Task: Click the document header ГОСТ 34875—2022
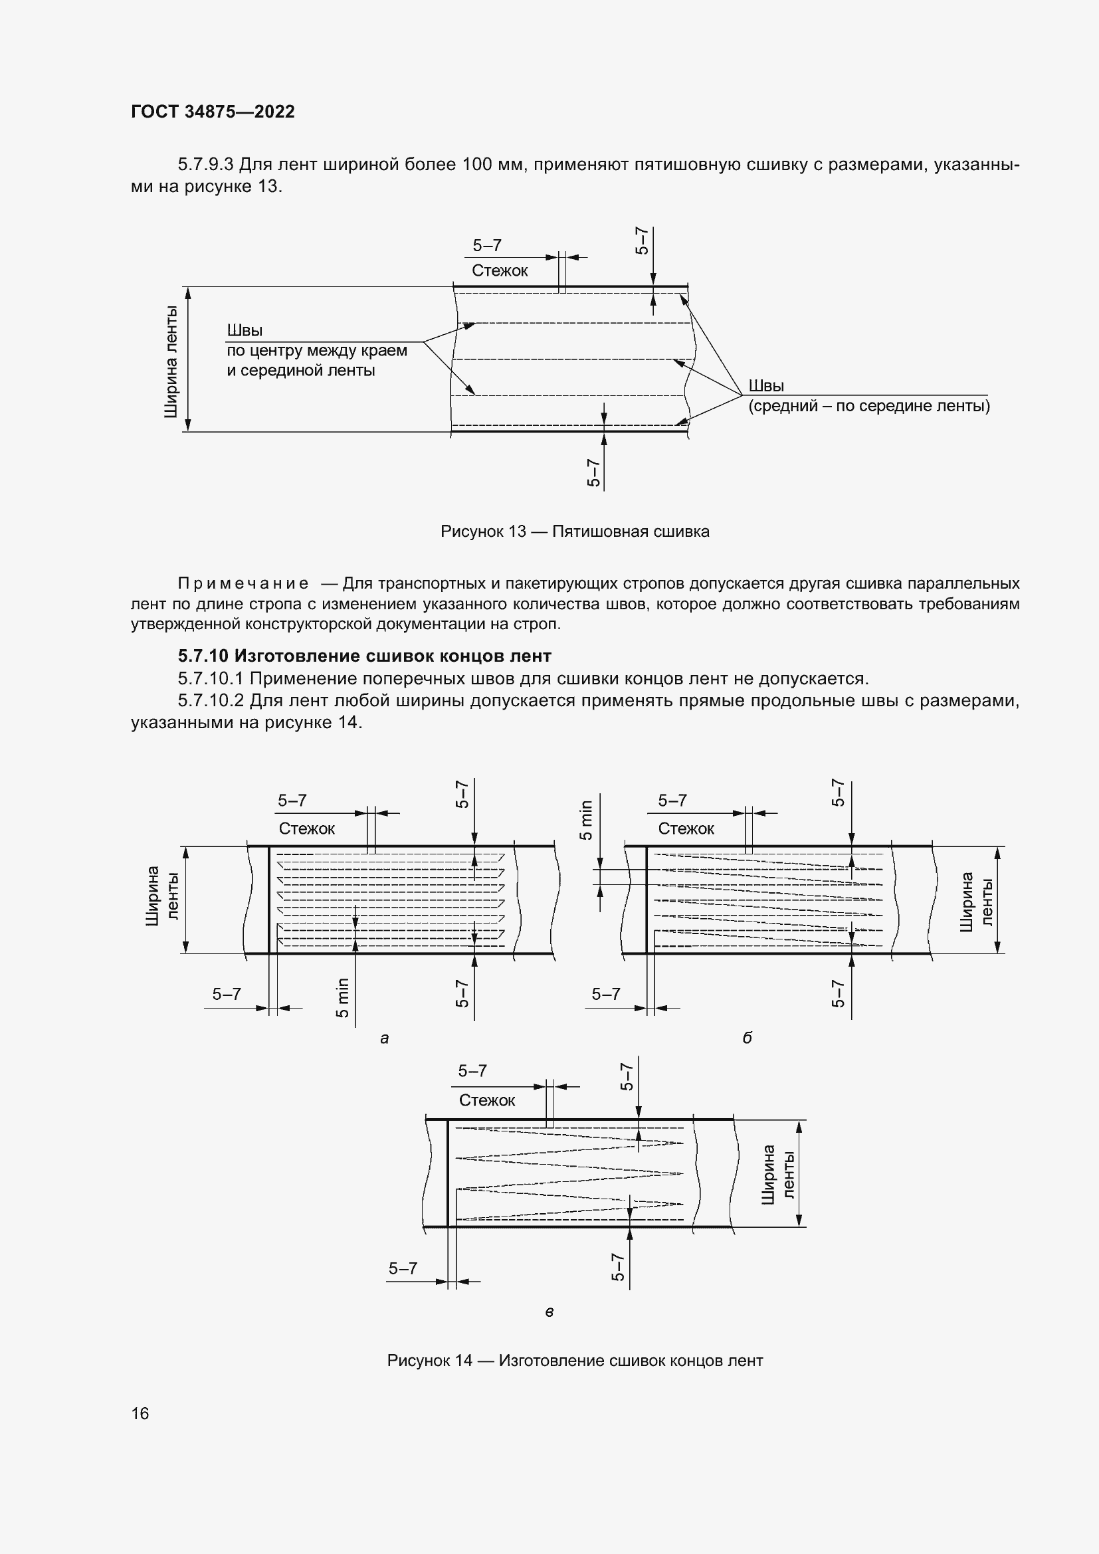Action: point(213,112)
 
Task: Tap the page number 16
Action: point(140,1413)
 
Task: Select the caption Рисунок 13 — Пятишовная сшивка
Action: point(575,532)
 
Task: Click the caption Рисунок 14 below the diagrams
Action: point(575,1361)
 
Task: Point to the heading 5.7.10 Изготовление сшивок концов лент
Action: point(365,656)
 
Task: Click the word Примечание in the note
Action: point(243,583)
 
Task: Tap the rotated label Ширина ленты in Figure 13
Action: point(171,361)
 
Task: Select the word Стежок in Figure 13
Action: point(500,270)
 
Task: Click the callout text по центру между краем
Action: point(317,351)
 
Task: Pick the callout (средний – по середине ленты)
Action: point(869,406)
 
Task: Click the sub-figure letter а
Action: point(384,1038)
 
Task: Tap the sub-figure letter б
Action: point(747,1038)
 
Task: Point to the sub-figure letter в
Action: point(549,1311)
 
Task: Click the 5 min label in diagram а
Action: point(342,998)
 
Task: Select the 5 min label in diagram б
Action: point(586,820)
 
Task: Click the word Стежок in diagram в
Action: point(486,1100)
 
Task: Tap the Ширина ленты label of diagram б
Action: point(977,901)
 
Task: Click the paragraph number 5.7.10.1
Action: point(210,678)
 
